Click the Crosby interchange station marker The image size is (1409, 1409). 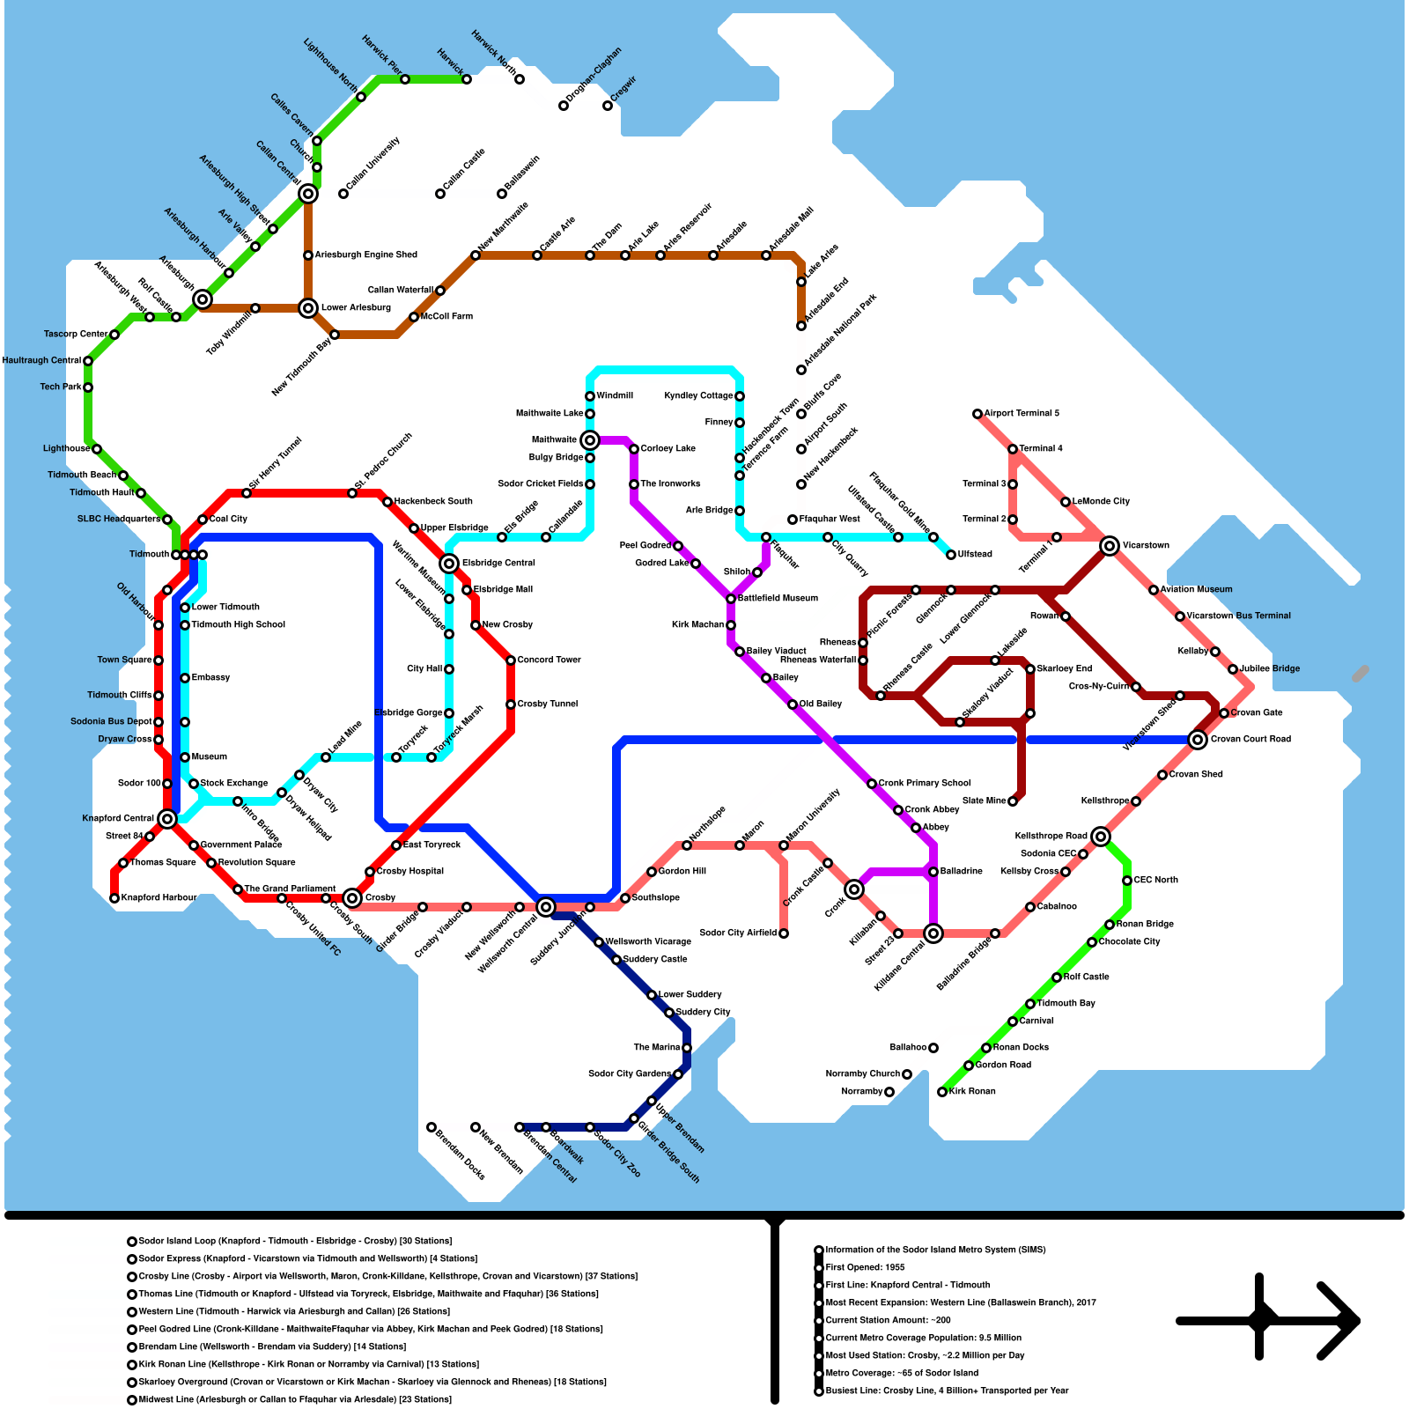coord(352,898)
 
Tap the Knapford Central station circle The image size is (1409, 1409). coord(167,819)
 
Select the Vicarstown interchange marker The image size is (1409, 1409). coord(1110,546)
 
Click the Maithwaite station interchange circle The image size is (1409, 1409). coord(590,440)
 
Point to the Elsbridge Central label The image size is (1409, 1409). coord(498,564)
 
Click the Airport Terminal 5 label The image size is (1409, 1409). coord(1022,414)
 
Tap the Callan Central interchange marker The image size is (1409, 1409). coord(308,194)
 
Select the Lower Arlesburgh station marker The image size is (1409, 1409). coord(308,308)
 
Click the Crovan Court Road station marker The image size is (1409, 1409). coord(1198,740)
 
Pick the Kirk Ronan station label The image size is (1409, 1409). coord(972,1092)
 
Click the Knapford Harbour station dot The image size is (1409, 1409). coord(114,898)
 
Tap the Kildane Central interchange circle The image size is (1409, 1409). coord(933,933)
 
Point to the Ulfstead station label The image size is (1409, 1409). coord(975,555)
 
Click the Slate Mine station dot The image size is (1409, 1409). coord(1013,801)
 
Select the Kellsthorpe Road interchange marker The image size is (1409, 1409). coord(1101,837)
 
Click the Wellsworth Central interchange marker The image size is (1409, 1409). coord(546,907)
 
